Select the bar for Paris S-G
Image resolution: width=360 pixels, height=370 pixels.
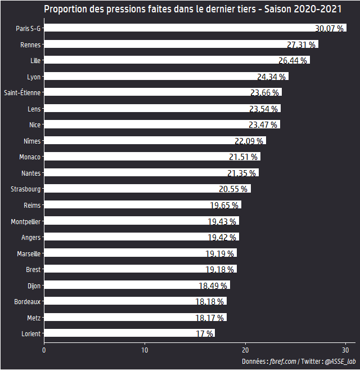[x=180, y=28]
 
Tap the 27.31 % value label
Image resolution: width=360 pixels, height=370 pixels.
[x=301, y=44]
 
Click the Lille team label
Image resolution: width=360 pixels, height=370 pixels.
[x=35, y=60]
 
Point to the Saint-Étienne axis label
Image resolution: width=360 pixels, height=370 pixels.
[x=22, y=92]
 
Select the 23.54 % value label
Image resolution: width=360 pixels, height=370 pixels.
[x=264, y=109]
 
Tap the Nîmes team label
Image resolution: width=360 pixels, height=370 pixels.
[x=32, y=141]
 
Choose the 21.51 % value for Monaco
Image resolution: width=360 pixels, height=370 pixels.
[x=244, y=157]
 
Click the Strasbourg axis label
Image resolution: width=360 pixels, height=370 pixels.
[x=25, y=189]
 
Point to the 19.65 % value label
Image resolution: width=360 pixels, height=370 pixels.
[x=224, y=206]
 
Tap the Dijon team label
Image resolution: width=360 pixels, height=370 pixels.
[x=34, y=286]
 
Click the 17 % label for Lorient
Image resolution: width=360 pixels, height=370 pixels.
[x=205, y=334]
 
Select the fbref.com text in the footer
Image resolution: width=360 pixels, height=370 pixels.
[x=283, y=362]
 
